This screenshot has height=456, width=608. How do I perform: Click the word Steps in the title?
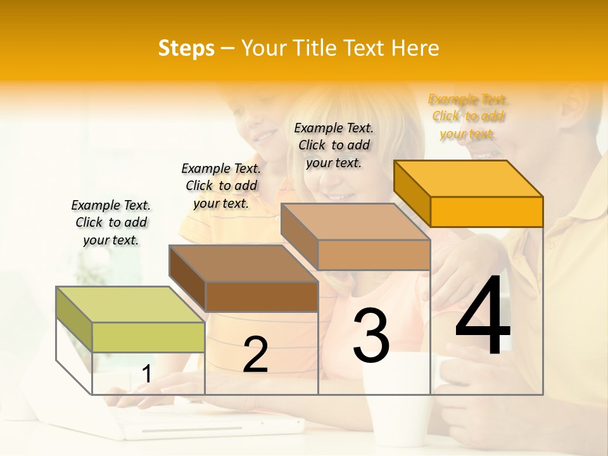pyautogui.click(x=186, y=48)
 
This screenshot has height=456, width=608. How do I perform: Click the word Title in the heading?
pyautogui.click(x=316, y=48)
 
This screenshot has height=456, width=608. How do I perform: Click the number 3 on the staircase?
pyautogui.click(x=371, y=336)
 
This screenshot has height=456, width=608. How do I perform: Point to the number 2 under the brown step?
pyautogui.click(x=255, y=355)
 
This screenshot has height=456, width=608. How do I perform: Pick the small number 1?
pyautogui.click(x=146, y=374)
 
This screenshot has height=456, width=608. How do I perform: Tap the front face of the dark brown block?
pyautogui.click(x=262, y=296)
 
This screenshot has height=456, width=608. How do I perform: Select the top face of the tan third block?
pyautogui.click(x=355, y=222)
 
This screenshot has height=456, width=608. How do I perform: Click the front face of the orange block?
pyautogui.click(x=486, y=212)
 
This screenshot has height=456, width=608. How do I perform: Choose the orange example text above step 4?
pyautogui.click(x=468, y=117)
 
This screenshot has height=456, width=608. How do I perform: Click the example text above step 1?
pyautogui.click(x=111, y=222)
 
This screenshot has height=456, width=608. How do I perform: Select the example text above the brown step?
pyautogui.click(x=221, y=186)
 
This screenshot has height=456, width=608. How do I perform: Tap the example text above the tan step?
pyautogui.click(x=334, y=145)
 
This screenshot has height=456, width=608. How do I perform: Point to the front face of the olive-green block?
pyautogui.click(x=148, y=337)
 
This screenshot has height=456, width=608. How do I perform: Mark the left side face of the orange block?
pyautogui.click(x=412, y=193)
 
